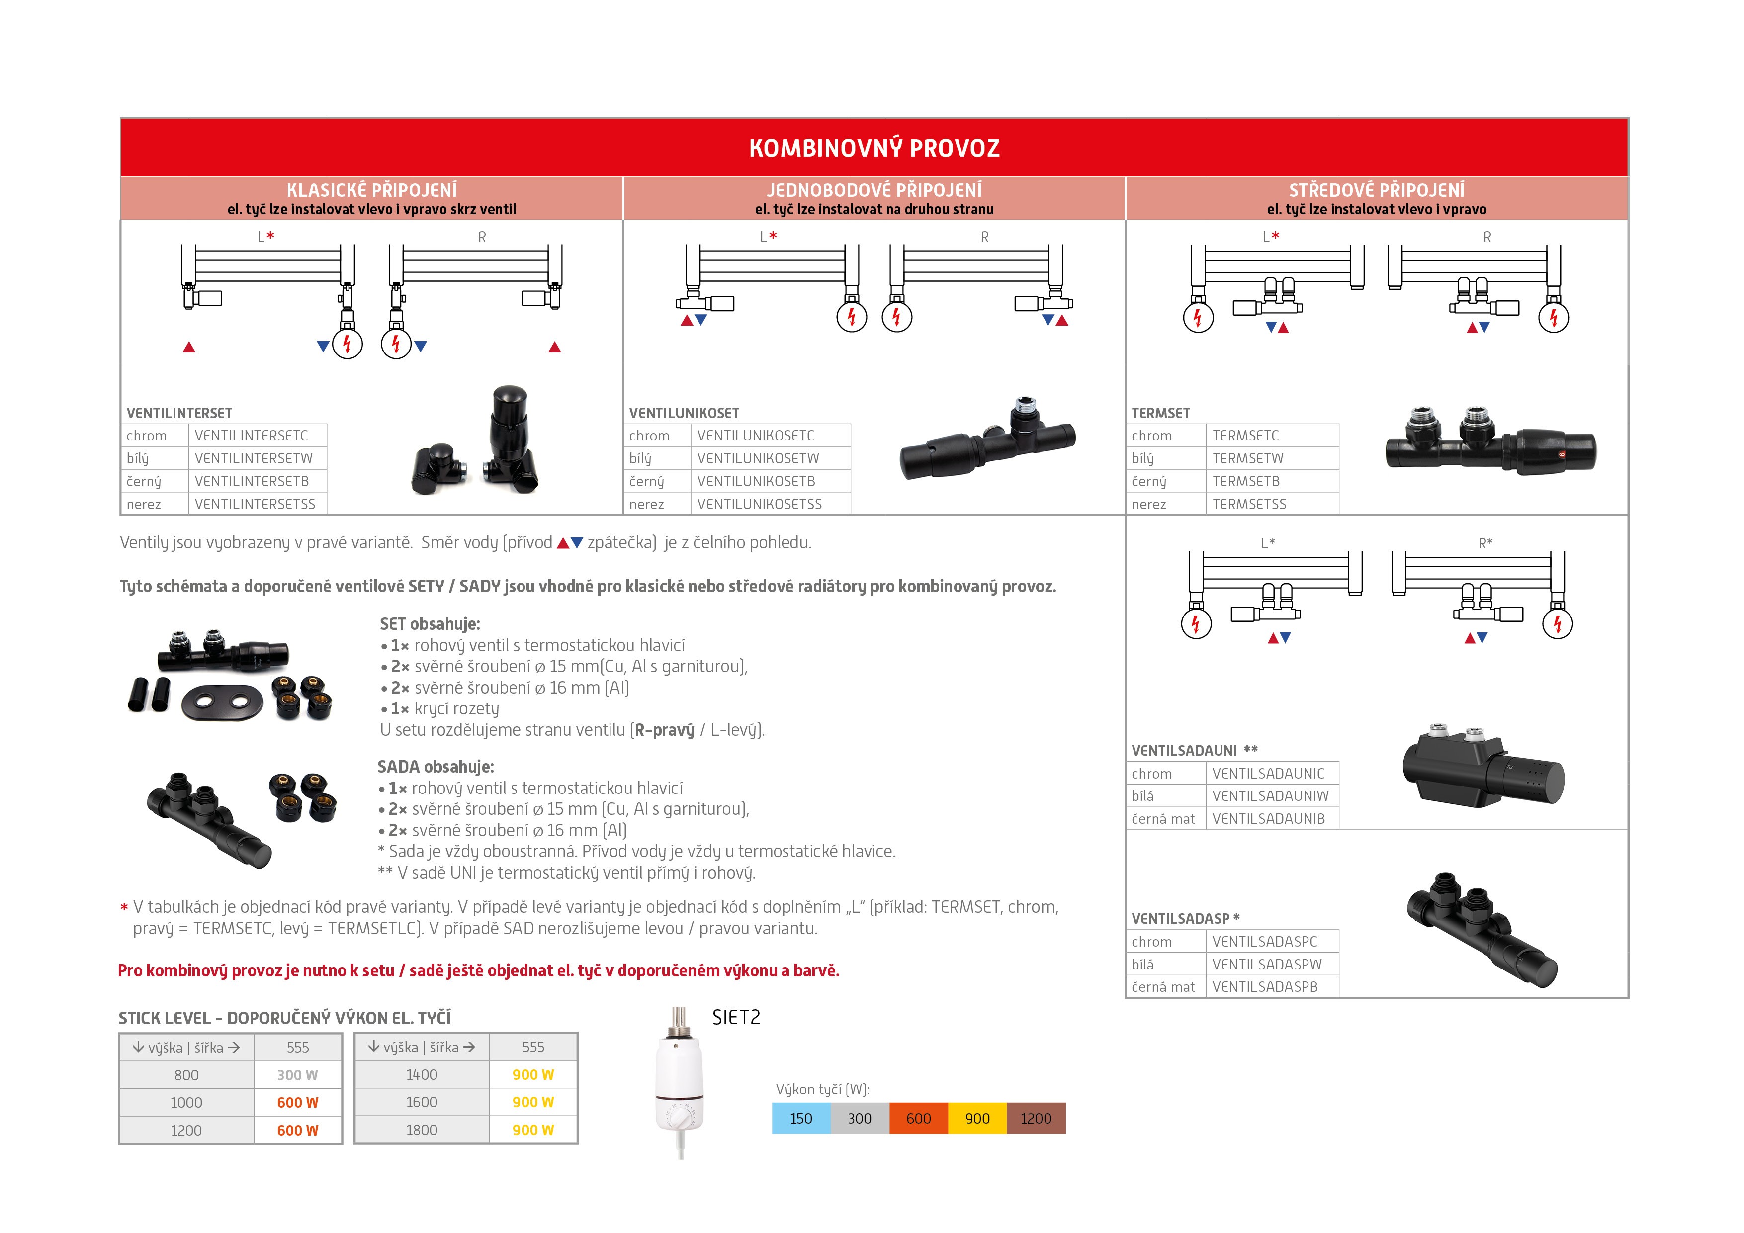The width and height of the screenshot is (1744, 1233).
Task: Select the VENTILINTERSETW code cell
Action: click(254, 458)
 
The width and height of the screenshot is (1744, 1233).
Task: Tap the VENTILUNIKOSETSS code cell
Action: click(760, 504)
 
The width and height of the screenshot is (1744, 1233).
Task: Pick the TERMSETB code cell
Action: click(1246, 481)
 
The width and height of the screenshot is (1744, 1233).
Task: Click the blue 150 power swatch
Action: click(800, 1118)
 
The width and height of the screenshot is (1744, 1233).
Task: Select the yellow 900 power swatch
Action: click(977, 1118)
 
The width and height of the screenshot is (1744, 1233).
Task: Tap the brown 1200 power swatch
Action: click(1036, 1118)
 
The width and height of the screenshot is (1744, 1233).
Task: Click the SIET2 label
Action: click(735, 1017)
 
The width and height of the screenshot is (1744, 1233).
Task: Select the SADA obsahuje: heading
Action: click(435, 767)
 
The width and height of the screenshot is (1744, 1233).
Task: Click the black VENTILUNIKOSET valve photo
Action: click(987, 440)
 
